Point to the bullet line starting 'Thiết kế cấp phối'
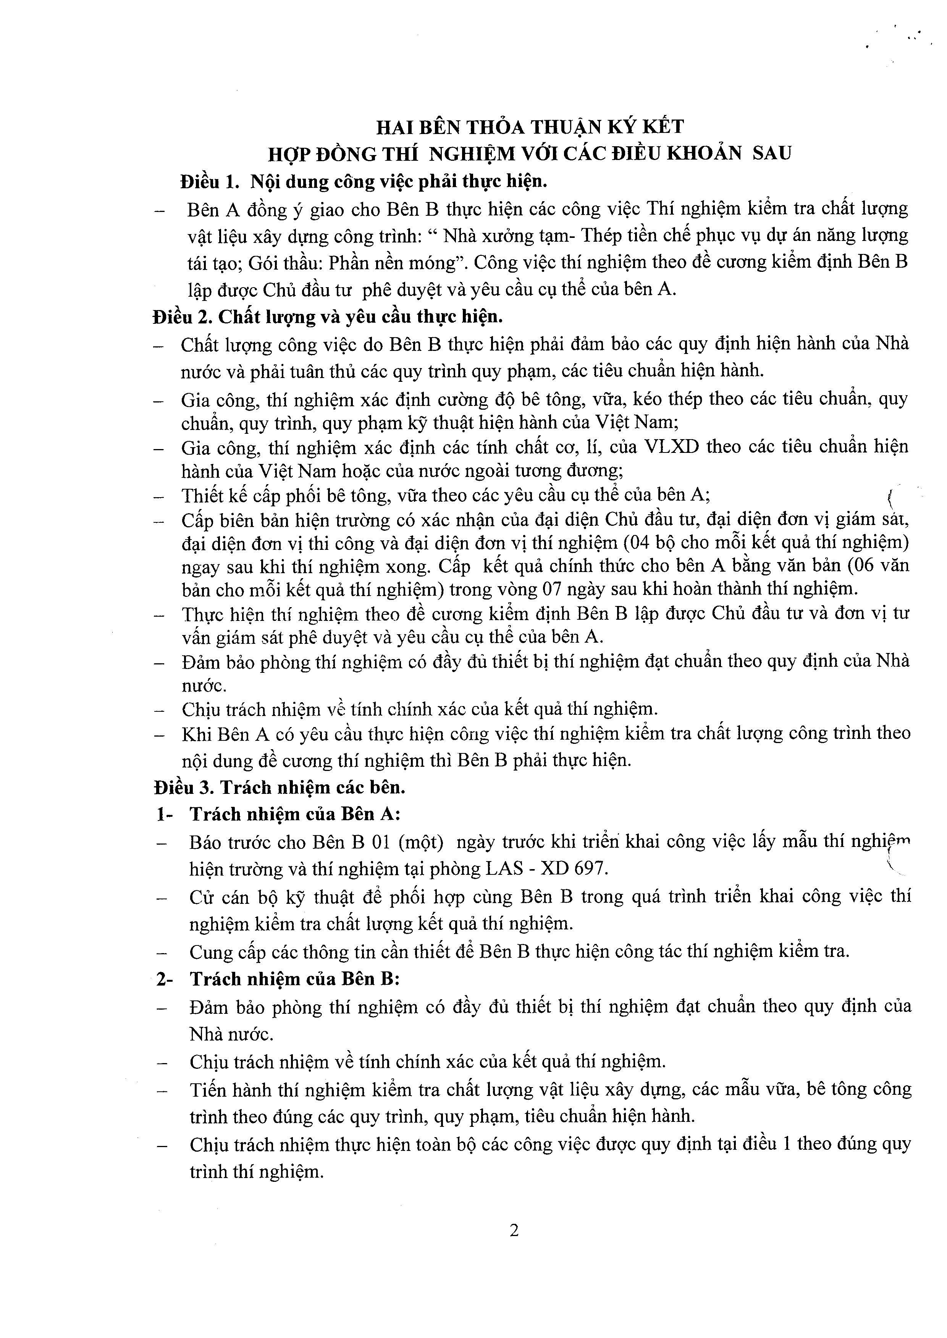pyautogui.click(x=446, y=495)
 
